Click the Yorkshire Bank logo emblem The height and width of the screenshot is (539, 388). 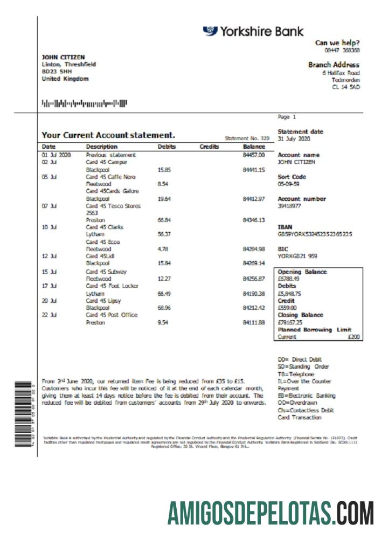tap(210, 31)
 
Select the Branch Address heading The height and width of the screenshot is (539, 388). tap(334, 65)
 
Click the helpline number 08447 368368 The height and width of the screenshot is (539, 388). tap(345, 50)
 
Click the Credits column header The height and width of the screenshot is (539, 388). tap(209, 147)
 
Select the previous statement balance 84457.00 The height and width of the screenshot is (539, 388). tap(254, 155)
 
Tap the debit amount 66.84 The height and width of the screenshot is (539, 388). tap(164, 220)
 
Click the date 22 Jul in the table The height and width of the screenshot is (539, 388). tap(50, 315)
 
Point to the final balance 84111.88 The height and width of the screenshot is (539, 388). tap(254, 322)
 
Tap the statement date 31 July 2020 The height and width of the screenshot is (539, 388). tap(294, 139)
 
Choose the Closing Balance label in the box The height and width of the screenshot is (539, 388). tap(300, 315)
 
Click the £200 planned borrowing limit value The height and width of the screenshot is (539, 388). tap(354, 337)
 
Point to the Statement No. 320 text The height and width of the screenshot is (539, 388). tap(246, 139)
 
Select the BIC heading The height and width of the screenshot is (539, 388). tap(283, 250)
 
